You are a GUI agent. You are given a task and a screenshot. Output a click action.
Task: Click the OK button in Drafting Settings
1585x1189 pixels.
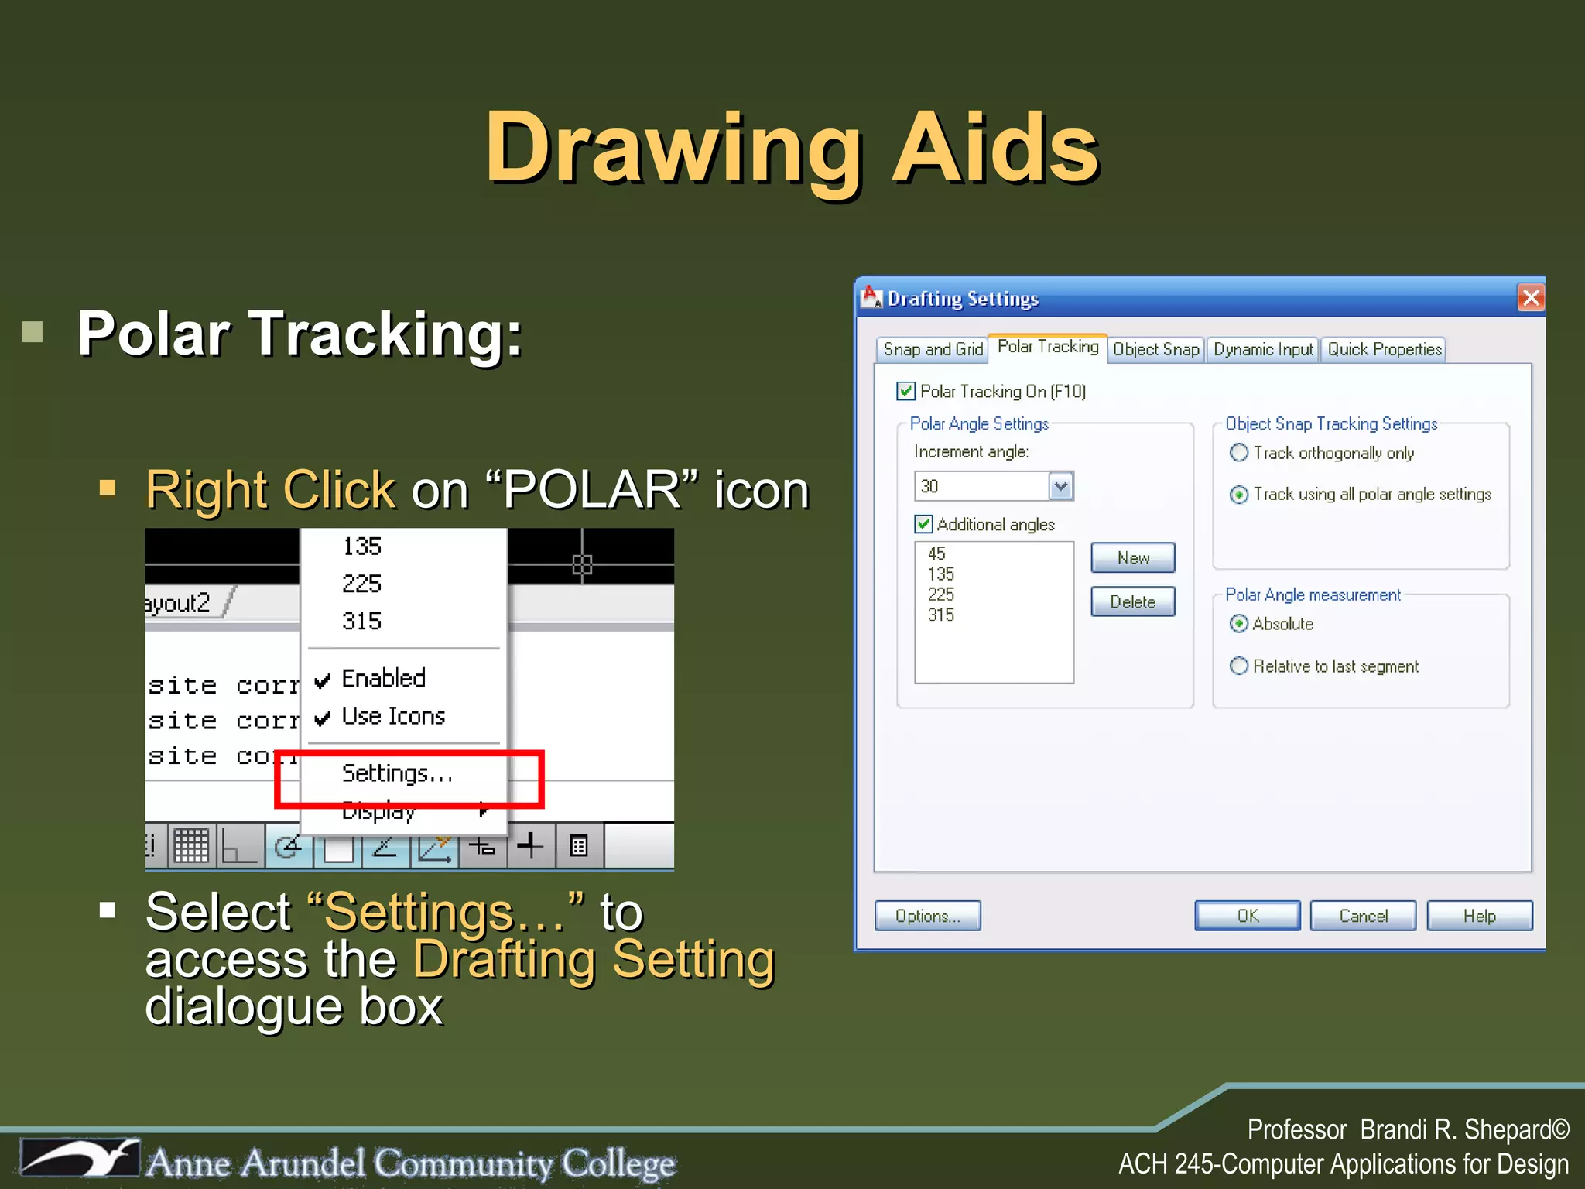tap(1247, 916)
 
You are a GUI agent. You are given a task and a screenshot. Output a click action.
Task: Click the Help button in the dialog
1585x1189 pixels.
tap(1479, 916)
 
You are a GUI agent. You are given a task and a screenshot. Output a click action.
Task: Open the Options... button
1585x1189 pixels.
tap(927, 916)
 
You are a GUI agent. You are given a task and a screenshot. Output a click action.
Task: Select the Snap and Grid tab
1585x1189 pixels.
tap(933, 350)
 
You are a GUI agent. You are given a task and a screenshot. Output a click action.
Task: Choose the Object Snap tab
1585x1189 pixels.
tap(1155, 350)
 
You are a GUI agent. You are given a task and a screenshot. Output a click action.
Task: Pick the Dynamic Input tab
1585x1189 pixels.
tap(1263, 350)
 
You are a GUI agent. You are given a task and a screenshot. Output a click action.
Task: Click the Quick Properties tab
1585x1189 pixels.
tap(1384, 350)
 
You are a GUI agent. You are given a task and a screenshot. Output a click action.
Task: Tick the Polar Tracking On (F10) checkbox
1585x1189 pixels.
tap(906, 392)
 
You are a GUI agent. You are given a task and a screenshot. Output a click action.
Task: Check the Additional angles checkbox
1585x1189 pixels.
tap(924, 525)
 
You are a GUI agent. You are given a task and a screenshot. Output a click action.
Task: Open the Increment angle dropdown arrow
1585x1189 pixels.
tap(1061, 486)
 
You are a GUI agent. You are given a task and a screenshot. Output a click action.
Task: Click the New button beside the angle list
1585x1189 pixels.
tap(1132, 558)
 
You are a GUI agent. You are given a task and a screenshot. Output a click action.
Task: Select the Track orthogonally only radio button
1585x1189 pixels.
tap(1239, 453)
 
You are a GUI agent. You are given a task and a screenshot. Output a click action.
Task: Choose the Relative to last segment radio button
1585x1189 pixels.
tap(1239, 666)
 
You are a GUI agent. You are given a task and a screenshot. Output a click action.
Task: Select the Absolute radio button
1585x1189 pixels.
tap(1239, 624)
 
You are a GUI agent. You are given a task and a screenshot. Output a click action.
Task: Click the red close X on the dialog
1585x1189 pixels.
tap(1530, 298)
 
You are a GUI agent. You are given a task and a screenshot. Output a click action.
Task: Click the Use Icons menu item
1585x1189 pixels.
tap(393, 717)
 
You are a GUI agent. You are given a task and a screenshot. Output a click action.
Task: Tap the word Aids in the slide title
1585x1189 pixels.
tap(995, 149)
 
